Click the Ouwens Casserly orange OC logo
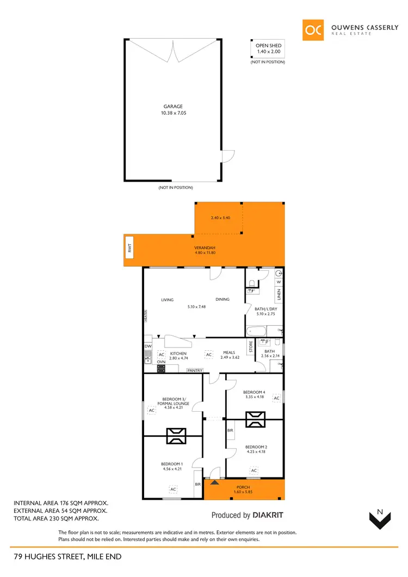click(314, 30)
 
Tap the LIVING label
click(167, 300)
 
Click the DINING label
click(222, 299)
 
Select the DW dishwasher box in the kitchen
click(147, 346)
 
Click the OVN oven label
click(161, 361)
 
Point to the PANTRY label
click(195, 370)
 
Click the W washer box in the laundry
click(279, 282)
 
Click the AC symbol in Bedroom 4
click(276, 399)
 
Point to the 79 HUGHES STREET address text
click(67, 556)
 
